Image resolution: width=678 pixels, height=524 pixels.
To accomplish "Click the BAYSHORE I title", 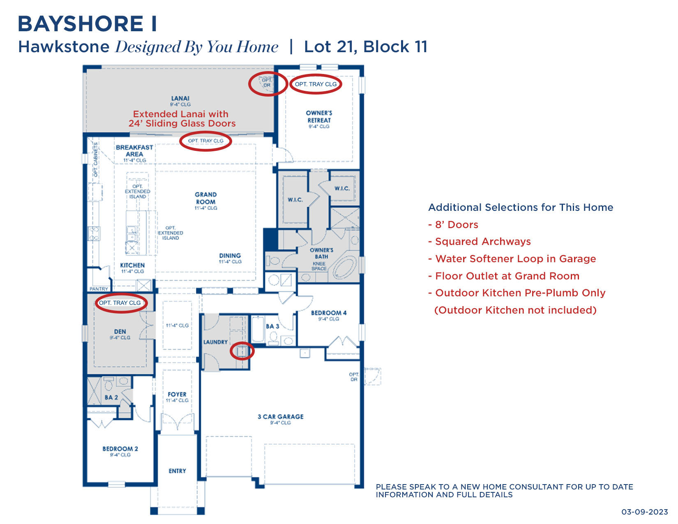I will point(87,24).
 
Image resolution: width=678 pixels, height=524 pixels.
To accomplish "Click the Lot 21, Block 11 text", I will point(366,47).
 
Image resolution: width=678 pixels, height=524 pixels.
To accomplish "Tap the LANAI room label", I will point(180,99).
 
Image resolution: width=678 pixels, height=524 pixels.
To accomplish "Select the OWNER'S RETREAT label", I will point(319,117).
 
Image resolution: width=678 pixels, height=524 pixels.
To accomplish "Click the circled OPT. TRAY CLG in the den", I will point(120,303).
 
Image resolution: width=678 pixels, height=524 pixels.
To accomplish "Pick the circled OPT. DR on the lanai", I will point(267,83).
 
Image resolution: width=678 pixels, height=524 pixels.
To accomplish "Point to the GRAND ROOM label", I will point(206,198).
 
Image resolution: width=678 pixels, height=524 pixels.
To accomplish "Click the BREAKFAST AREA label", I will point(134,151).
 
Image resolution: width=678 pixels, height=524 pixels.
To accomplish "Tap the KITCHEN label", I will point(132,265).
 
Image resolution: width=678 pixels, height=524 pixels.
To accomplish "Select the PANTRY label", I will point(99,289).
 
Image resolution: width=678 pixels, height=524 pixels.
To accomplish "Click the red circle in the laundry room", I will point(242,351).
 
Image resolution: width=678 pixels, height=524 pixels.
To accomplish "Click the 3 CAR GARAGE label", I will point(281,417).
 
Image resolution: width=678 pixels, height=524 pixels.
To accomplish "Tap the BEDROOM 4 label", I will point(329,313).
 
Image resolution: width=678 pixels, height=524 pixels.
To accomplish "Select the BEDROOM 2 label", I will point(120,449).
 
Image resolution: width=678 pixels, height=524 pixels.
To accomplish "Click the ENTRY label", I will point(177,471).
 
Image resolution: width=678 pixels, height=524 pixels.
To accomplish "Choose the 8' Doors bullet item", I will point(453,225).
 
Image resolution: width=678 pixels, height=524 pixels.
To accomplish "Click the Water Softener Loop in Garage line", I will point(512,259).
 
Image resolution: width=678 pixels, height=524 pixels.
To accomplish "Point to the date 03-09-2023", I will point(644,512).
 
